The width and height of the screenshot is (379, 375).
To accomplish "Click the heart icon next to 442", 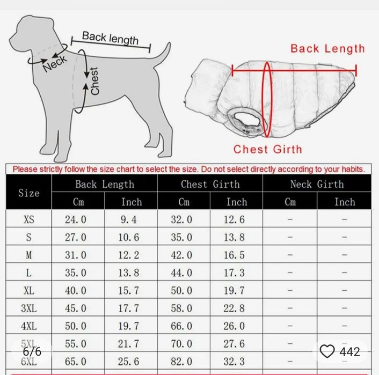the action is [x=327, y=351].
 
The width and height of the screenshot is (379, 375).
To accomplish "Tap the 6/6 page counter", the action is [x=32, y=351].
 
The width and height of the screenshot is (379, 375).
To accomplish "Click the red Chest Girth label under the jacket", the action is [x=268, y=149].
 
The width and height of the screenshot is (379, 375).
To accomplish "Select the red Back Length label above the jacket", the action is [x=327, y=49].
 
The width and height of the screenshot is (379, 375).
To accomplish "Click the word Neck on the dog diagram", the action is [x=55, y=63].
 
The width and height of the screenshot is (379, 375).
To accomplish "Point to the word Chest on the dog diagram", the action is [x=94, y=80].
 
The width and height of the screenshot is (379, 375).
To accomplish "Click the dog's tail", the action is [x=163, y=54].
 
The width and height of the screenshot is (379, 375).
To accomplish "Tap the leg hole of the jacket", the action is [x=245, y=120].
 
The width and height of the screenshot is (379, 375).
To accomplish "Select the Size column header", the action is [x=29, y=193].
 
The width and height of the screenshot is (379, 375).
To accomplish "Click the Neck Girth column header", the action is [x=317, y=184].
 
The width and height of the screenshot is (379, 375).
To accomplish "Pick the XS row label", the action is [x=29, y=219].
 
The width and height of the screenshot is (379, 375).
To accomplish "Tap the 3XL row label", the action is [x=29, y=308].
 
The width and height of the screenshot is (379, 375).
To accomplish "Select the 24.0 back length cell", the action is [x=75, y=219].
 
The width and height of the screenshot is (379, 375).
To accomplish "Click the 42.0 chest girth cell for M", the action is [x=181, y=255].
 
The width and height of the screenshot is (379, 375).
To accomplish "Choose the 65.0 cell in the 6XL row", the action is [x=75, y=362].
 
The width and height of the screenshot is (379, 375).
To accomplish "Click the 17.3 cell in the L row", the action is [x=234, y=273].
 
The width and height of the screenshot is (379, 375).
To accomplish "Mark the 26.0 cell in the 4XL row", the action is [x=234, y=326].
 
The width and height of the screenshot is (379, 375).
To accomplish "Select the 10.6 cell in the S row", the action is [x=129, y=237].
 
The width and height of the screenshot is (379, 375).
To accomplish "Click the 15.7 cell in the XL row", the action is [x=129, y=290].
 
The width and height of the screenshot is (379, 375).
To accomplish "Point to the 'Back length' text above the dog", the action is [x=110, y=38].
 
